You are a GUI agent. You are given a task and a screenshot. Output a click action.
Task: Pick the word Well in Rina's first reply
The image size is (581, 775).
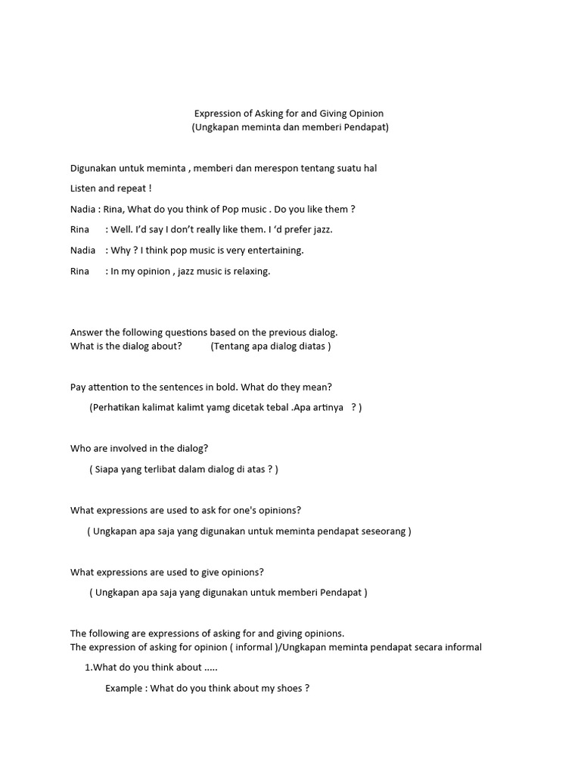click(x=122, y=229)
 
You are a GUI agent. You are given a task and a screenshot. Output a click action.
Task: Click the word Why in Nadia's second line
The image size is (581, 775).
click(x=120, y=250)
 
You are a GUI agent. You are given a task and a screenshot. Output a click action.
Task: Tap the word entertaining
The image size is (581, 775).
click(x=275, y=250)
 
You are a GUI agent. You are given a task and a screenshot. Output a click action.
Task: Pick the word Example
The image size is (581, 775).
click(x=124, y=688)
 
